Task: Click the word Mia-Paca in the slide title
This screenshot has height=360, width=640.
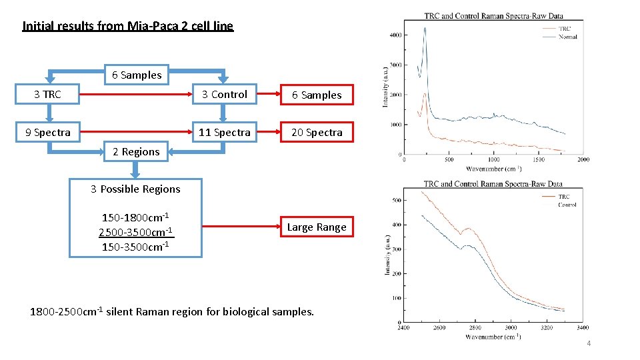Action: pos(149,27)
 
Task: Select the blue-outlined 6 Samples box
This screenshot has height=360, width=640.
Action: pos(137,75)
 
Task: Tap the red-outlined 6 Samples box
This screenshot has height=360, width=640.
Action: pos(317,95)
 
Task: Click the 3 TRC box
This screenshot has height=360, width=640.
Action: pos(47,95)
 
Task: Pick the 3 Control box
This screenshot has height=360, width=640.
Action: pos(225,95)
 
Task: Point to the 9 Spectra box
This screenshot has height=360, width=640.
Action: pos(47,132)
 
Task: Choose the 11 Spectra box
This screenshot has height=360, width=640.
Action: pos(225,132)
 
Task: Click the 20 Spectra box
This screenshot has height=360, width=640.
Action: pos(317,132)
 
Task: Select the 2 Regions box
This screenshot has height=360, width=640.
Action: pos(136,151)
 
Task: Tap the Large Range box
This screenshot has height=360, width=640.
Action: pos(317,227)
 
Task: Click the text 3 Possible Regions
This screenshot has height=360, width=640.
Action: pos(136,189)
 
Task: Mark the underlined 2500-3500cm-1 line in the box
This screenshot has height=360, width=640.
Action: pos(135,231)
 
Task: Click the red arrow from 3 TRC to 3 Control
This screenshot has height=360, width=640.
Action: pos(137,95)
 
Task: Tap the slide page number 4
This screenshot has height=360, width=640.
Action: pos(588,343)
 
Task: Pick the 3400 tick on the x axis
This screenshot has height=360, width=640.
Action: pos(582,327)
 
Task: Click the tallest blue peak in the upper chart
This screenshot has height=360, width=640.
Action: pos(425,29)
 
